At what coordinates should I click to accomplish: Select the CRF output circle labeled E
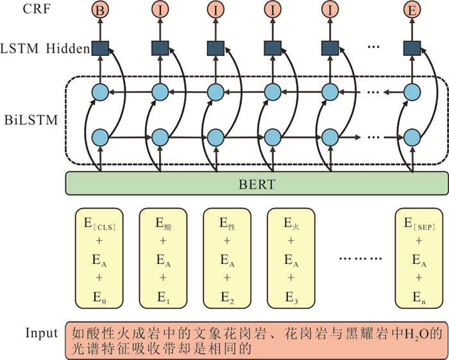411,10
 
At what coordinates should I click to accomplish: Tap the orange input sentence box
256,340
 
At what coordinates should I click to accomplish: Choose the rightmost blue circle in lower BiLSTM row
411,137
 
